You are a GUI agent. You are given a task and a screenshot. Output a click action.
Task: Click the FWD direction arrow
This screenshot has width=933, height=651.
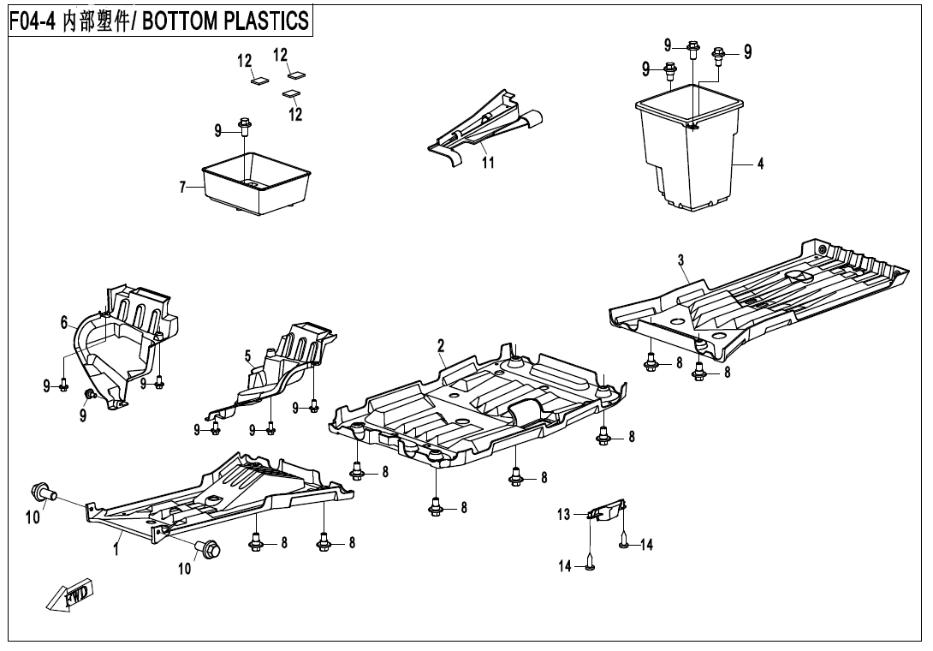tap(69, 597)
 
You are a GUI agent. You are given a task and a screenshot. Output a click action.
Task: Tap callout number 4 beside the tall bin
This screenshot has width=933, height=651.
tap(760, 165)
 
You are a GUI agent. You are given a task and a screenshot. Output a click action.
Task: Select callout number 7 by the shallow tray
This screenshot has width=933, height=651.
tap(183, 188)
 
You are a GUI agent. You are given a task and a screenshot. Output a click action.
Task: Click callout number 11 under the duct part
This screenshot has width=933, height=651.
tap(488, 163)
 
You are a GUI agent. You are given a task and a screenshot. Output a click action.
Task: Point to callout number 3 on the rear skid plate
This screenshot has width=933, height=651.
tap(680, 260)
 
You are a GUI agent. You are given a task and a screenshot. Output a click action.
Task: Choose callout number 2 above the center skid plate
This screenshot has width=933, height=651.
tap(441, 345)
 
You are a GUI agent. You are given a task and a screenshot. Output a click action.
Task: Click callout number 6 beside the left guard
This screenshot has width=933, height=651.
tap(64, 322)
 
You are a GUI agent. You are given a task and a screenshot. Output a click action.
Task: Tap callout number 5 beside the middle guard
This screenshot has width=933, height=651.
tap(247, 355)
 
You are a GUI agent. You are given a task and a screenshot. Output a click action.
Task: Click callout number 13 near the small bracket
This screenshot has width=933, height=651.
tap(563, 515)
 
